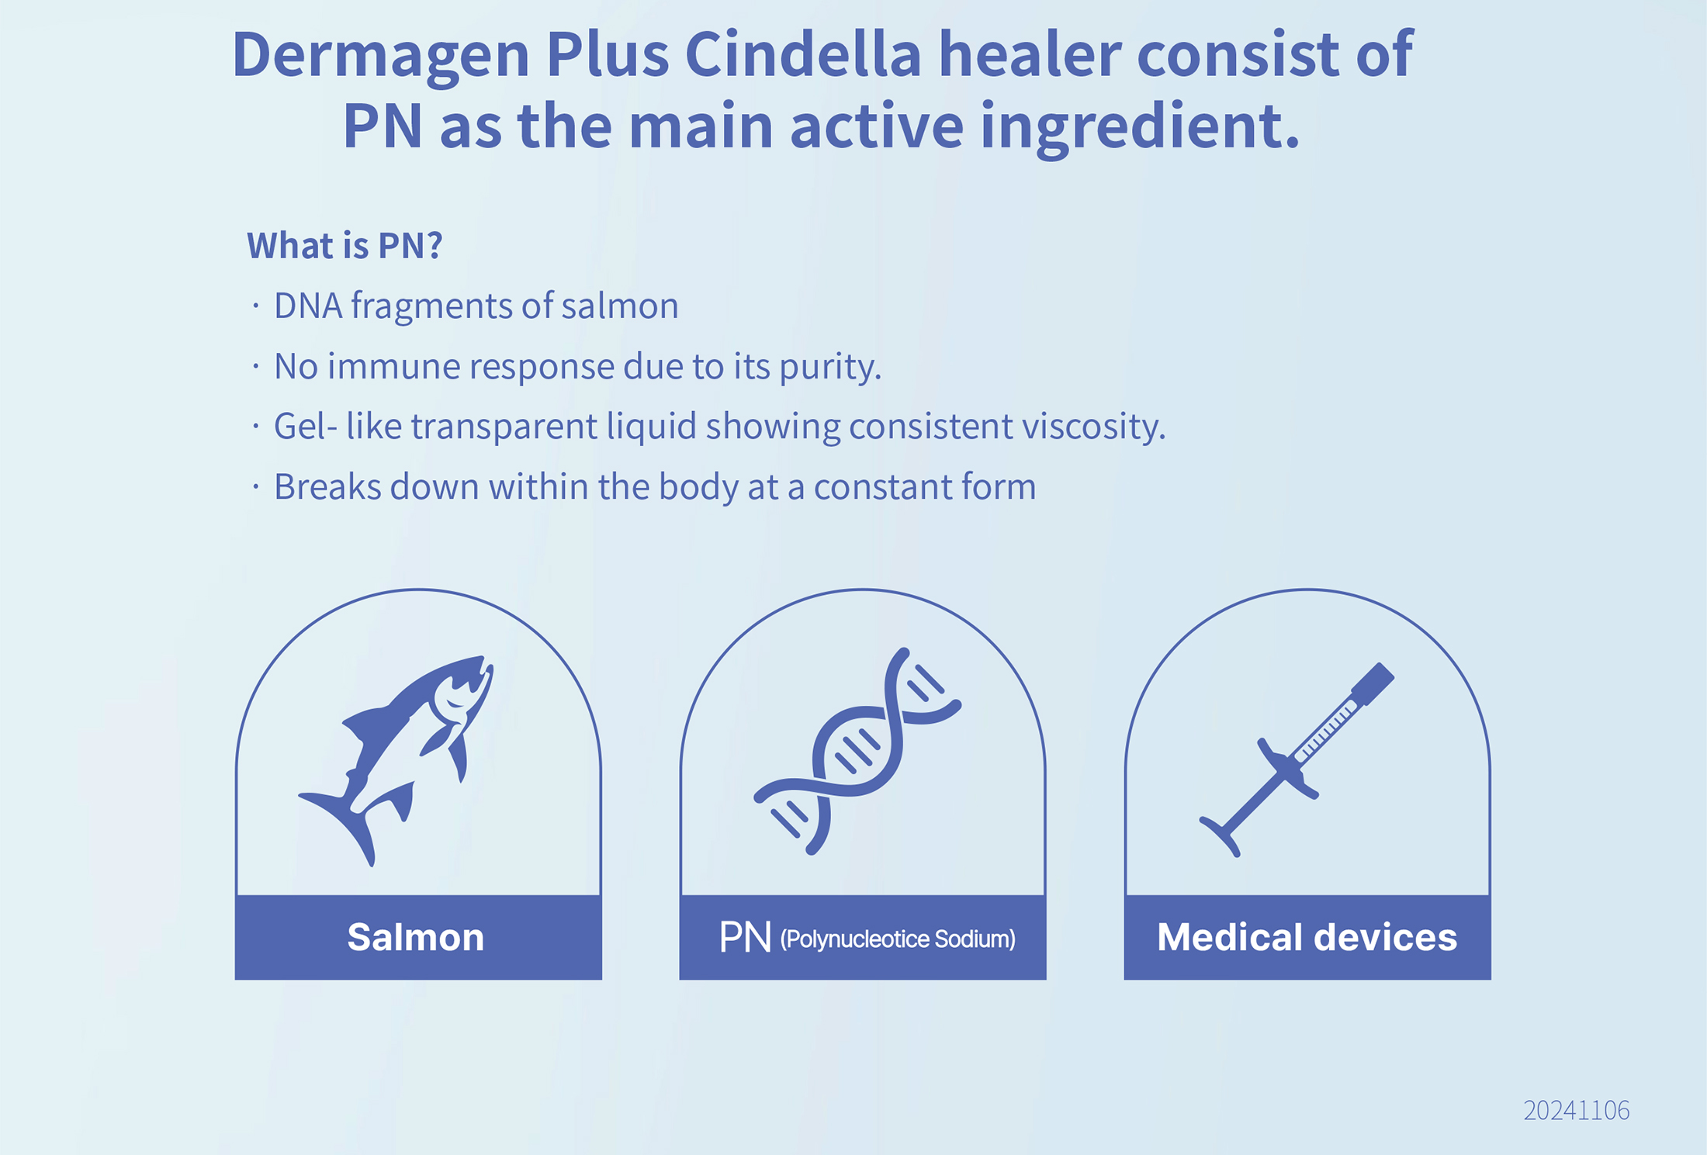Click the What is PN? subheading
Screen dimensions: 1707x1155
(345, 245)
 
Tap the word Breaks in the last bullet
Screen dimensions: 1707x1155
(327, 487)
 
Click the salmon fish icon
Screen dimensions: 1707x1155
(396, 761)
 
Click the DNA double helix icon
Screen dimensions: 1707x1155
(857, 752)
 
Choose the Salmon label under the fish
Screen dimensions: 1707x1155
(416, 937)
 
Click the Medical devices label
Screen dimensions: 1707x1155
(1307, 937)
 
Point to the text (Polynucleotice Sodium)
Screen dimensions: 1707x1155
(898, 939)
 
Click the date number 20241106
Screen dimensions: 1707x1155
(1576, 1110)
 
